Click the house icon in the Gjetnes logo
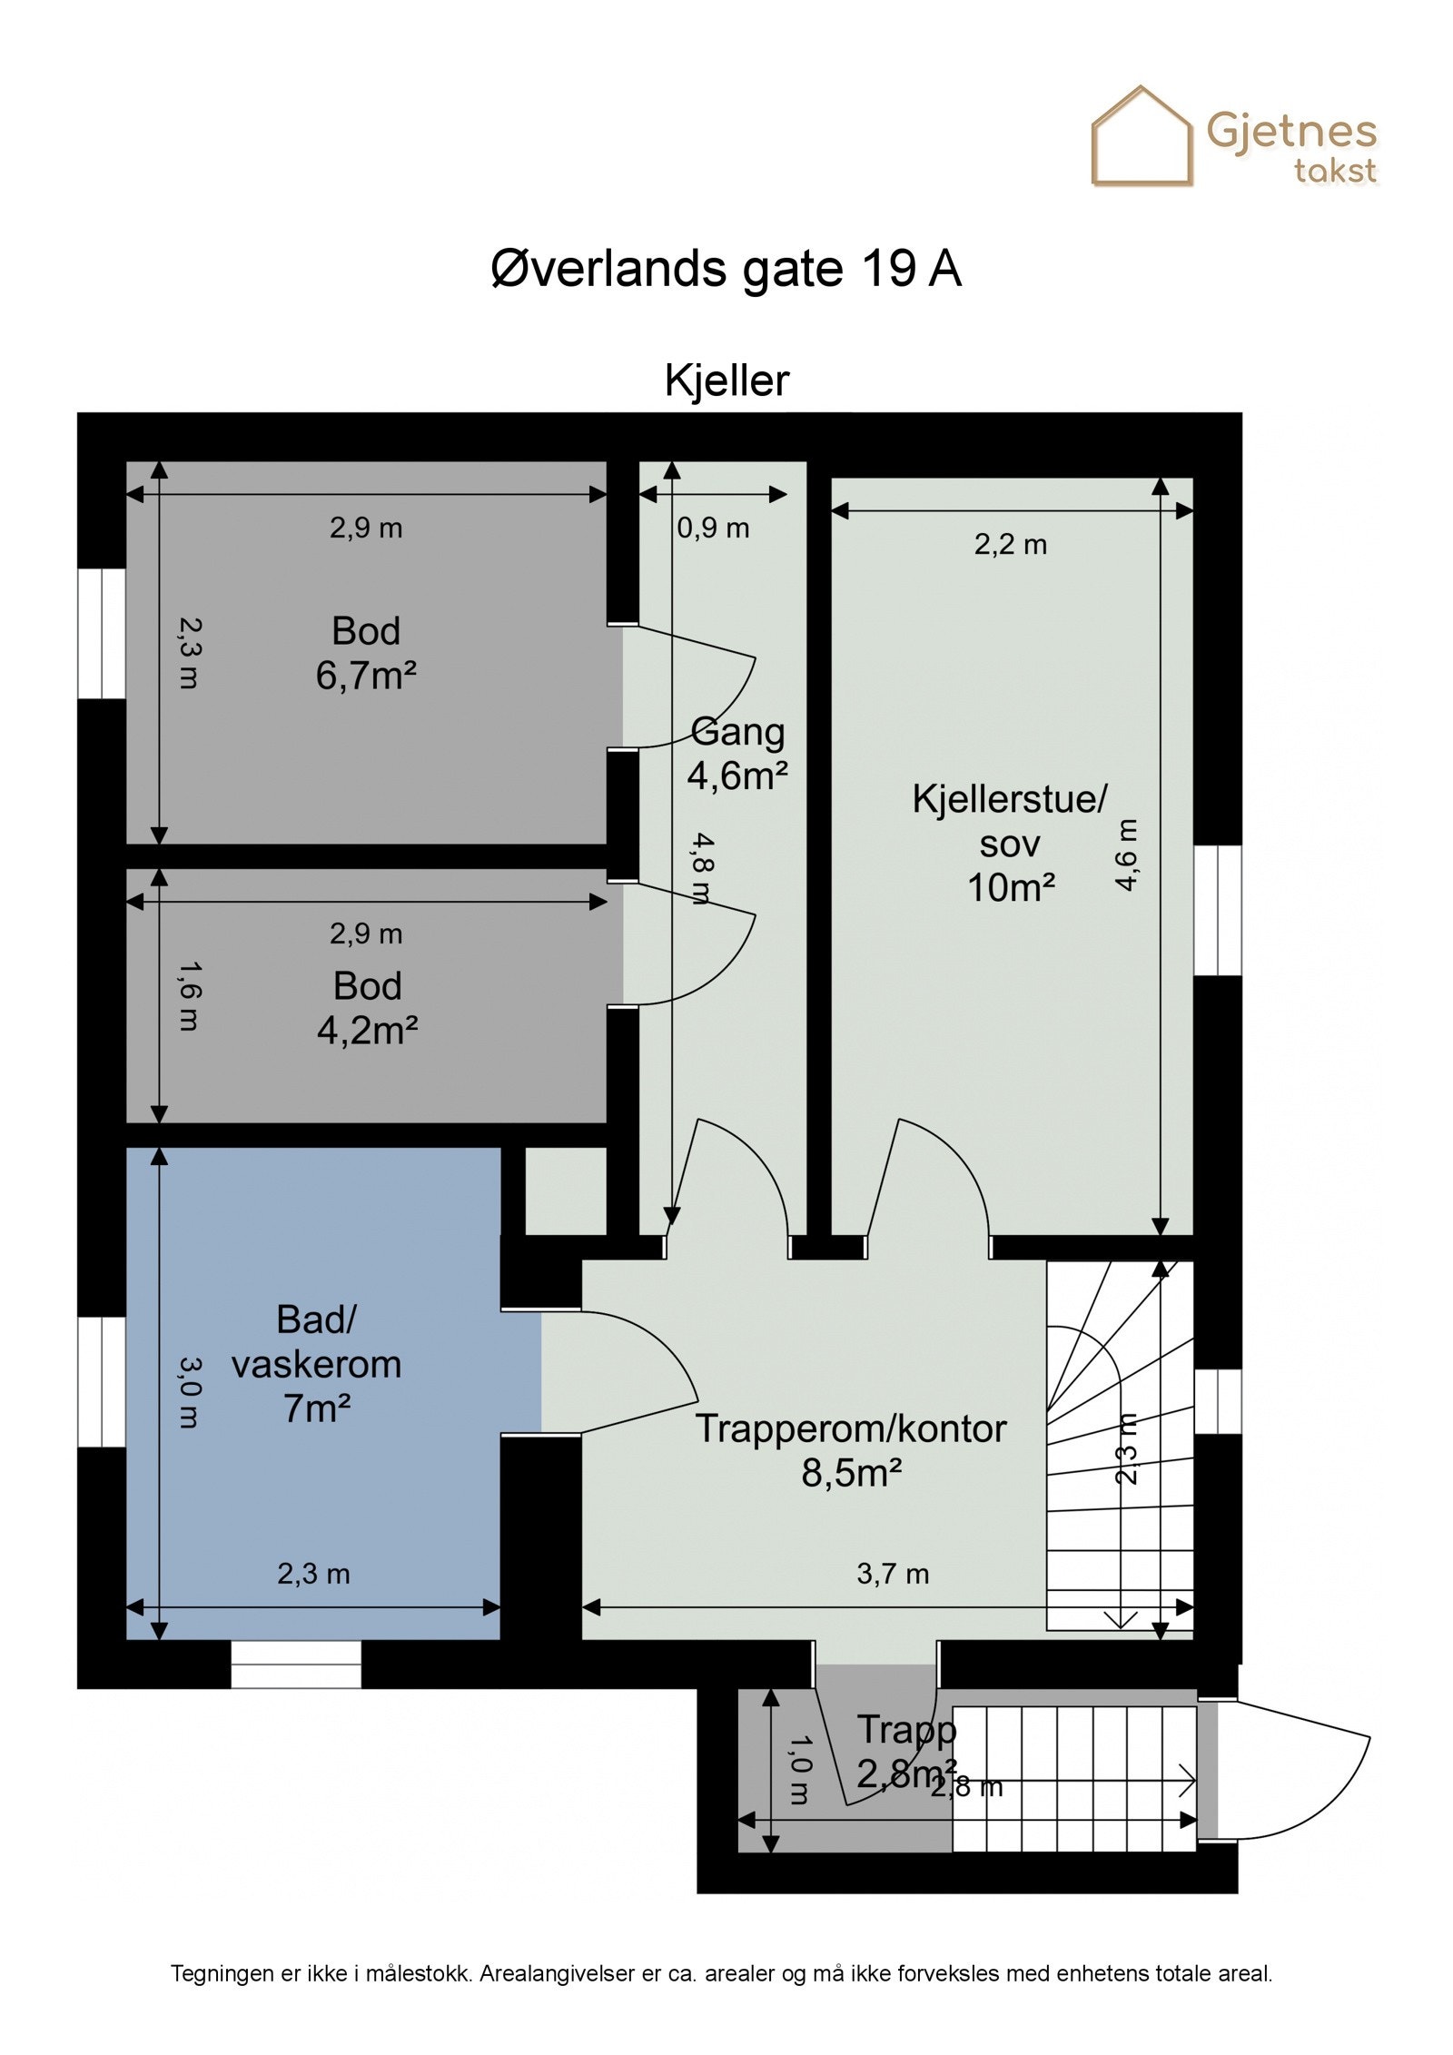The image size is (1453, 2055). coord(1141,138)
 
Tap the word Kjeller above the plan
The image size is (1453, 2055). coord(726,380)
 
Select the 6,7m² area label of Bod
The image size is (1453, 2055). coord(365,676)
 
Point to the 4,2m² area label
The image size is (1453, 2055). coord(367,1030)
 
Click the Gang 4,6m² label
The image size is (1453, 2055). coord(736,753)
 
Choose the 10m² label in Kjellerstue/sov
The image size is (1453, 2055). coord(1010,887)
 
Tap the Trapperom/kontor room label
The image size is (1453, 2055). coord(850,1428)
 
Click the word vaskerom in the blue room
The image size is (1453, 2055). coord(316,1364)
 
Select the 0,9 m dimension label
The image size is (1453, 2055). coord(713,528)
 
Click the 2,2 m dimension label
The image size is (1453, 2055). coord(1010,544)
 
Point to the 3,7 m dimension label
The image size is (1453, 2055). coord(892,1574)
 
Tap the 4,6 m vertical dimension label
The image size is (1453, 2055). coord(1125,855)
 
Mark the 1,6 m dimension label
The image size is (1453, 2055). coord(188,996)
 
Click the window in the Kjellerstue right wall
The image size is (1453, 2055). coord(1217,910)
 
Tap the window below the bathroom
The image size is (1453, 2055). coord(296,1664)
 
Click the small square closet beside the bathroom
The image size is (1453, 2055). coord(565,1191)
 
